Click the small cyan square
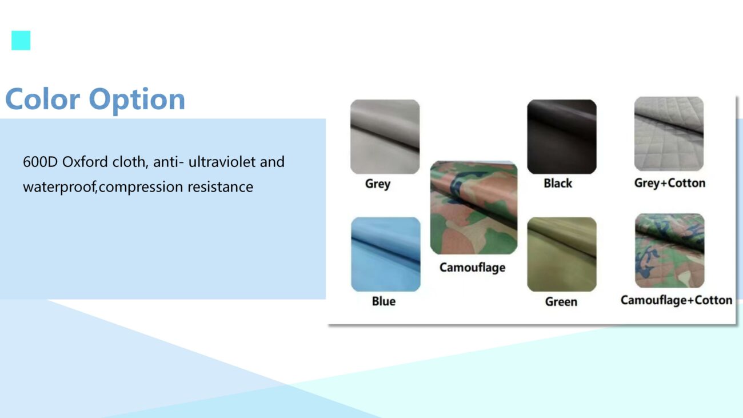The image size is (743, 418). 21,41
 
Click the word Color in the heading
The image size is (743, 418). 43,99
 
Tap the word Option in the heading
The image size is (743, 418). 137,100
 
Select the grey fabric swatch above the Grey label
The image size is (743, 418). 385,137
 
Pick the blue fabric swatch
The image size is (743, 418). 386,254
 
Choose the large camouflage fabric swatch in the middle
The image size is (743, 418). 474,208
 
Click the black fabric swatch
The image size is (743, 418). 562,137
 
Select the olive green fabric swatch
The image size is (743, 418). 562,254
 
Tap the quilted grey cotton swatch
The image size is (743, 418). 669,134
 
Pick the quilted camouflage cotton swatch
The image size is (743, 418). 670,250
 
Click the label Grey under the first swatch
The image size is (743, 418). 378,184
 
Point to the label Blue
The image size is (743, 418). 384,301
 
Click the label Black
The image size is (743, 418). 558,183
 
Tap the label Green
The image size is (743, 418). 561,302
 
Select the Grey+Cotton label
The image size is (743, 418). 670,183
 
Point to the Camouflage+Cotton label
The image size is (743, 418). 676,300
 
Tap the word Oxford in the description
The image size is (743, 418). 85,162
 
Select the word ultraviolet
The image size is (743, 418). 222,162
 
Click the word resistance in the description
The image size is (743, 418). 220,187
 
